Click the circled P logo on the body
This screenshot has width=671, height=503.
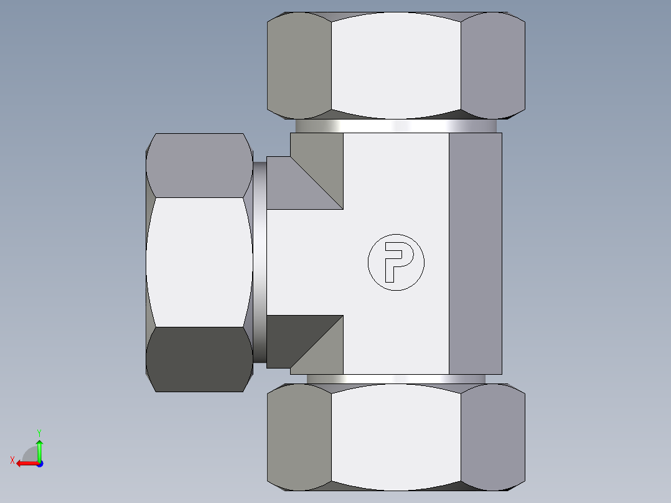click(396, 262)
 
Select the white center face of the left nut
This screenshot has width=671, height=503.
click(199, 262)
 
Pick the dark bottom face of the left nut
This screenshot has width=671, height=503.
click(199, 359)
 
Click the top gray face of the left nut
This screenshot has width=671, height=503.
click(199, 165)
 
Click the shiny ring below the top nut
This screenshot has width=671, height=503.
click(396, 126)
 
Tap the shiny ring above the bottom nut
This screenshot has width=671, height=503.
click(396, 378)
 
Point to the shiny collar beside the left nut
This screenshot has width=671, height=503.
click(259, 262)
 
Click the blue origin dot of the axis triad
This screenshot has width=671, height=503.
click(39, 463)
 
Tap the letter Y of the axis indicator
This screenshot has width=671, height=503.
click(39, 432)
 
